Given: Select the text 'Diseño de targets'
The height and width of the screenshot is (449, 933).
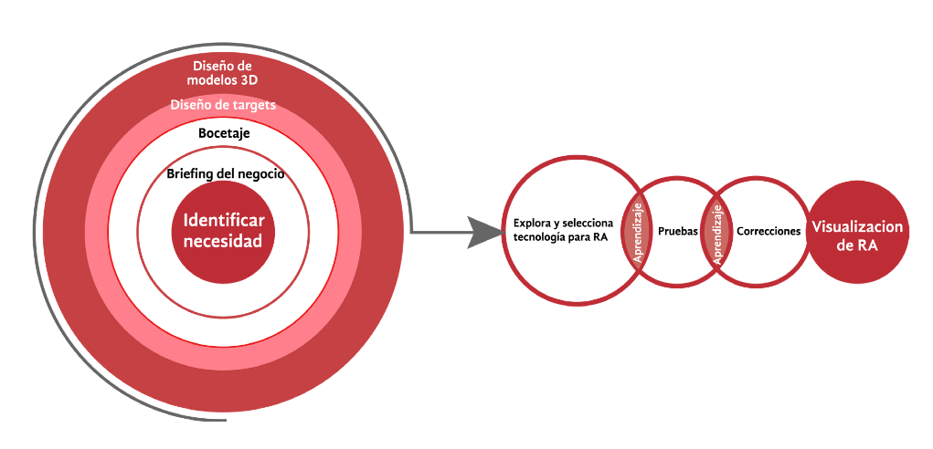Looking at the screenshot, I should [223, 105].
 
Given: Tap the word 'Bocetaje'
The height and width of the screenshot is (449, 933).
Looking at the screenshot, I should [224, 133].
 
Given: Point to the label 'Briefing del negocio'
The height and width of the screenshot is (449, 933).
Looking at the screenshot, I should [226, 173].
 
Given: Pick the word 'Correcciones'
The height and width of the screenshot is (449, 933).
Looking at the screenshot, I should [769, 232].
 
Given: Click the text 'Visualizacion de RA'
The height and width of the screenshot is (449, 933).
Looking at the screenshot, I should [857, 235].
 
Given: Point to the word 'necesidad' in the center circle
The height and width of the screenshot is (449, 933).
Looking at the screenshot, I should [223, 242].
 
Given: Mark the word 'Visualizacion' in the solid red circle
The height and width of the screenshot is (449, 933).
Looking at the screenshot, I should [857, 227].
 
